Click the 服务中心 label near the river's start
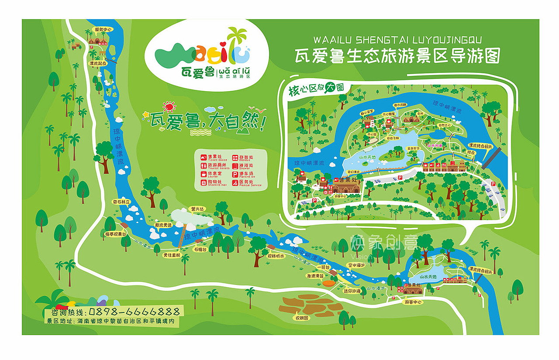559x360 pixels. pos(104,30)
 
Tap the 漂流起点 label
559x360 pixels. pos(97,63)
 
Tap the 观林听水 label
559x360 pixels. pos(276,256)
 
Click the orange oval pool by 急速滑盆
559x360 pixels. pos(328,284)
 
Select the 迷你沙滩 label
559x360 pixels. pos(352,291)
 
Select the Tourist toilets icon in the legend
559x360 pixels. pos(203,166)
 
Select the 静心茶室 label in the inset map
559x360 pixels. pos(366,112)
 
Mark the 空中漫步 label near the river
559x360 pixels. pos(355,265)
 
